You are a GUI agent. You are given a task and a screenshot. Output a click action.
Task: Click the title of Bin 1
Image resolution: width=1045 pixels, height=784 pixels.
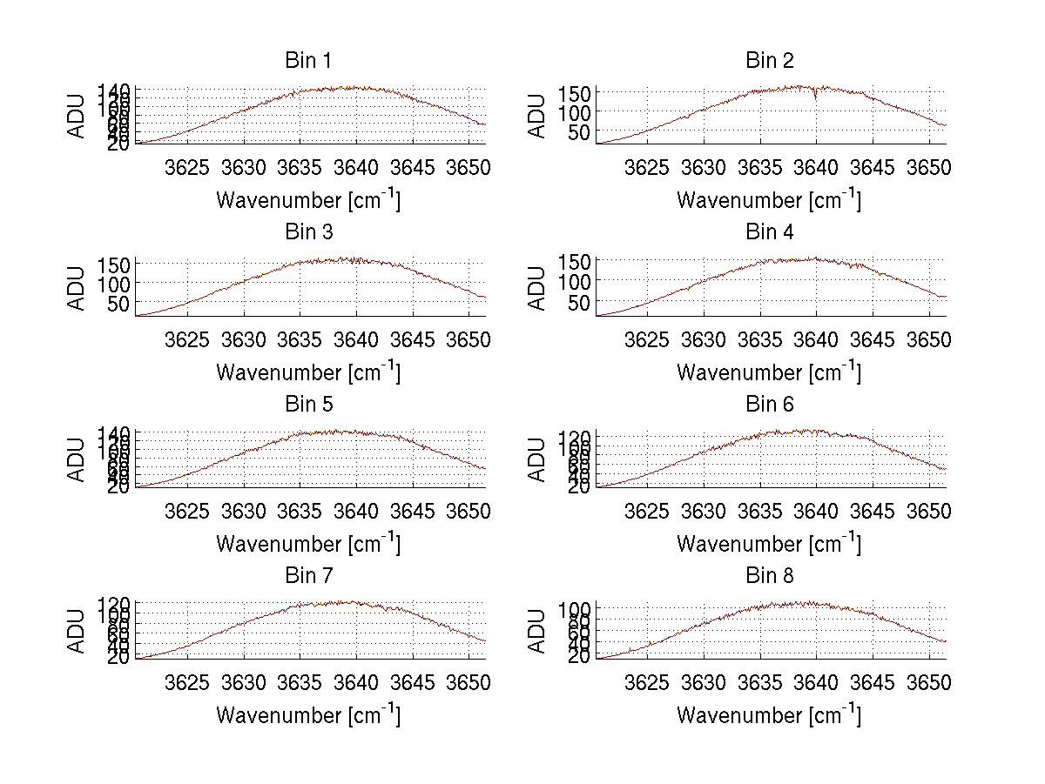307,61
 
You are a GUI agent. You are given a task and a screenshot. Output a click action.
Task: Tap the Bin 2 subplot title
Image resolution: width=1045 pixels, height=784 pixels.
769,61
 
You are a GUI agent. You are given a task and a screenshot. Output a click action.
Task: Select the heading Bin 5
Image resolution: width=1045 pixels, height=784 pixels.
307,405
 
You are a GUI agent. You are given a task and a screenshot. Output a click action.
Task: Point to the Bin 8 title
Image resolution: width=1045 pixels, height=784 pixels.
769,576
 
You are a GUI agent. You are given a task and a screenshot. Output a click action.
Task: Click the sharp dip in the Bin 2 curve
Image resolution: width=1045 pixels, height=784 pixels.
816,97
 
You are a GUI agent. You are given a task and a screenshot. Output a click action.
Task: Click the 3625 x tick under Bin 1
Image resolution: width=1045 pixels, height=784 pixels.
187,167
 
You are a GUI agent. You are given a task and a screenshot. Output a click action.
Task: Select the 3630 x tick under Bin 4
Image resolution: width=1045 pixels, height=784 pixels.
703,338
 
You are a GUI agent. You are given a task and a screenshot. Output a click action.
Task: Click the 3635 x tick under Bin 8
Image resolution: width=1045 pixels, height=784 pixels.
759,682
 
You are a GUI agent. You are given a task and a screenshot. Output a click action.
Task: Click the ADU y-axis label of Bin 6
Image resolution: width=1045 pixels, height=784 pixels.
537,459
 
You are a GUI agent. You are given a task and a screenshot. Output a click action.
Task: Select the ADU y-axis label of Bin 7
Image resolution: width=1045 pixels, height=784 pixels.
77,631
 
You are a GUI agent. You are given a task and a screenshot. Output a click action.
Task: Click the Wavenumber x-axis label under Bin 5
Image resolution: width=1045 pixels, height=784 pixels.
307,544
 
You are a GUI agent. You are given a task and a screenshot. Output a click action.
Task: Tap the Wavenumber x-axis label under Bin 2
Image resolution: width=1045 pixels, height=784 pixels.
769,200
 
